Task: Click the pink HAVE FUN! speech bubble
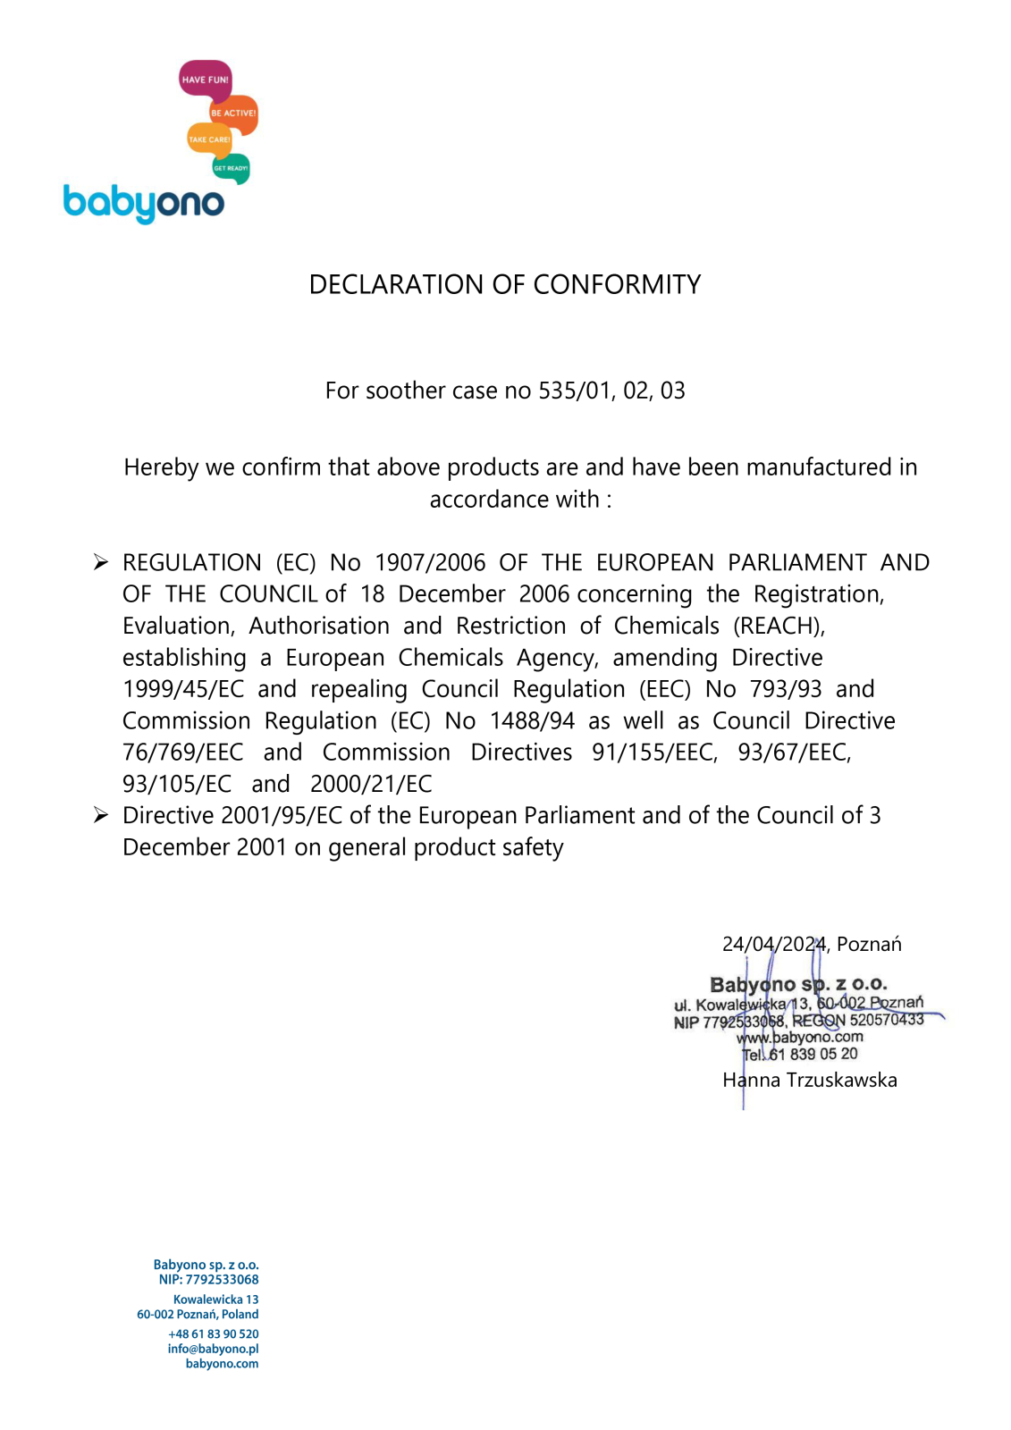click(205, 80)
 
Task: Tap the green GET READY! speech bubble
click(231, 167)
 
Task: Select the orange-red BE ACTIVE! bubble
click(234, 114)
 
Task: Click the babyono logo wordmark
click(144, 203)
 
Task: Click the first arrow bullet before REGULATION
click(101, 562)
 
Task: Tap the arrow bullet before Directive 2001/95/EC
click(101, 815)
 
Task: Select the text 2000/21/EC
click(371, 784)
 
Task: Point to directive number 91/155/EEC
click(654, 753)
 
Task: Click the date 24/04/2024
click(774, 944)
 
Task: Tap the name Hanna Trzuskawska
click(810, 1080)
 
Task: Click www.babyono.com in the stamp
click(800, 1037)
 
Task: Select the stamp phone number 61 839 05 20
click(813, 1054)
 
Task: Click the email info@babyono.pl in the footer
click(213, 1349)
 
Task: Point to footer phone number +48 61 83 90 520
click(214, 1333)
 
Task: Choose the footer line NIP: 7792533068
click(208, 1279)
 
